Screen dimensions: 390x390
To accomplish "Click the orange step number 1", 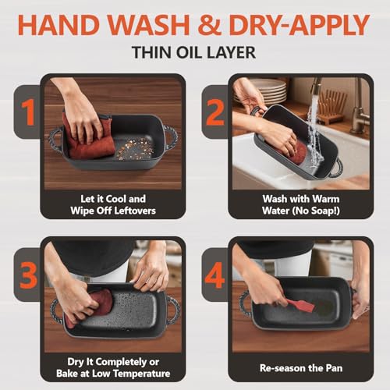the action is [29, 112].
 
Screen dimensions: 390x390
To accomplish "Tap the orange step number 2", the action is [215, 112].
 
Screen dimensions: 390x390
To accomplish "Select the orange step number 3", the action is [28, 275].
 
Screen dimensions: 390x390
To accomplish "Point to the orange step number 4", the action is [214, 275].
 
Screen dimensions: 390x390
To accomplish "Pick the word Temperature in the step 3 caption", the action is [142, 374].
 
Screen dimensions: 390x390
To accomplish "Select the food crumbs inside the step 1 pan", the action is [135, 149].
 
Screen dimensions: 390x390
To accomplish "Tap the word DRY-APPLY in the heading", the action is [299, 25].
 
